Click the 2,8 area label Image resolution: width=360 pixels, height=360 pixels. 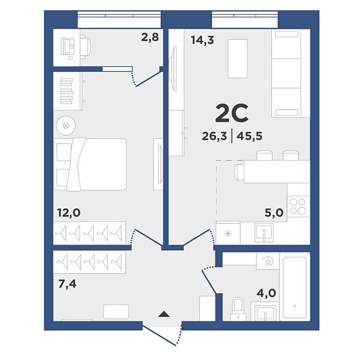click(x=150, y=37)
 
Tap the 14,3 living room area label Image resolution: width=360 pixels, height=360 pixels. click(x=203, y=40)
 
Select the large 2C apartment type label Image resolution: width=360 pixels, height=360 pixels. click(x=231, y=113)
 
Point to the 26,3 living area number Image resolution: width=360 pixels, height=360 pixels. click(x=214, y=136)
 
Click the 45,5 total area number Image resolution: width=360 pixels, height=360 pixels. click(x=249, y=136)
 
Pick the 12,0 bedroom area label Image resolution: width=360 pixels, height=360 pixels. click(x=69, y=213)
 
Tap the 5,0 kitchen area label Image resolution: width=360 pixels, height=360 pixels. click(x=274, y=213)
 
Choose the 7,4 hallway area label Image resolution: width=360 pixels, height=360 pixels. click(x=67, y=284)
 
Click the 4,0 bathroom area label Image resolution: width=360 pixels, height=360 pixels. click(x=266, y=293)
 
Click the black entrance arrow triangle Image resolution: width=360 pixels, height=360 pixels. click(x=164, y=314)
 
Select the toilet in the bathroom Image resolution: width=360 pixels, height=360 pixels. click(x=238, y=309)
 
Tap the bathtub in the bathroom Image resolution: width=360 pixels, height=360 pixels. click(x=295, y=287)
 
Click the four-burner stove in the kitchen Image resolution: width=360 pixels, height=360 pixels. click(x=298, y=206)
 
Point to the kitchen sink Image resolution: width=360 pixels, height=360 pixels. click(x=264, y=233)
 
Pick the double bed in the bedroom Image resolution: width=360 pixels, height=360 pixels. click(x=90, y=165)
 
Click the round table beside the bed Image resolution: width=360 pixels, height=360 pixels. click(x=66, y=125)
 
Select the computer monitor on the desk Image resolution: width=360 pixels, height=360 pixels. click(x=67, y=46)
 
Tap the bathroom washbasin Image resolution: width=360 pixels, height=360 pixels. click(x=265, y=313)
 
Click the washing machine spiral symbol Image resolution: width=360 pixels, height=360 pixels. click(x=268, y=261)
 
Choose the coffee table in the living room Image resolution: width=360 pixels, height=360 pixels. click(x=238, y=59)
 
